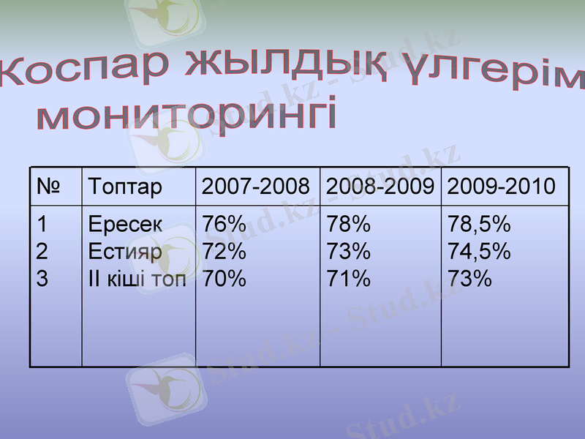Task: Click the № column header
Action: pyautogui.click(x=48, y=187)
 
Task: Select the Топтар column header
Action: pyautogui.click(x=124, y=187)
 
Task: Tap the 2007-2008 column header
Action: pyautogui.click(x=255, y=187)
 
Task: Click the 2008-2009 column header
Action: pyautogui.click(x=380, y=187)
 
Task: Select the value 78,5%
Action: pyautogui.click(x=479, y=224)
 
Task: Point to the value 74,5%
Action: pyautogui.click(x=479, y=252)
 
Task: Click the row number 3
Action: pyautogui.click(x=42, y=279)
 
